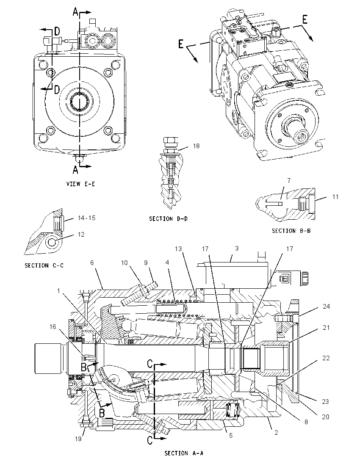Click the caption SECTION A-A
(183, 453)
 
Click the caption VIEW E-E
(80, 184)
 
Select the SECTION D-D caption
(168, 219)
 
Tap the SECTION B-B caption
(291, 231)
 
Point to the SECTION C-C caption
(44, 265)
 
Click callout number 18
(196, 146)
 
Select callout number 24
(326, 306)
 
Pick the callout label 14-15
(86, 218)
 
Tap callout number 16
(53, 326)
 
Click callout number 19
(78, 439)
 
